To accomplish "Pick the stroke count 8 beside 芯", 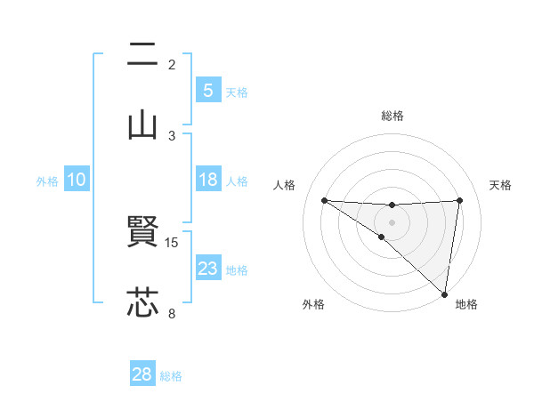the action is click(172, 312).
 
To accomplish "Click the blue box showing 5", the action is click(207, 91).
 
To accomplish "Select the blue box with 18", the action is click(207, 180).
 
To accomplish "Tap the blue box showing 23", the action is click(207, 269).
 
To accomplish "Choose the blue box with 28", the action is click(142, 374).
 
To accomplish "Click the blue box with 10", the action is click(77, 180).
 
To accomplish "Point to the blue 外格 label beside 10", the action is click(47, 181).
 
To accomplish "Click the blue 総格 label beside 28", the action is click(171, 375).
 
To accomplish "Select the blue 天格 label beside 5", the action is click(236, 92).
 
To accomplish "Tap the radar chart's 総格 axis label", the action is click(392, 116).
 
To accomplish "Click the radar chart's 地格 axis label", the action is click(466, 304).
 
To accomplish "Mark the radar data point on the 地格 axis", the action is click(444, 293).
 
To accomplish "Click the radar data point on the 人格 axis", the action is click(324, 200).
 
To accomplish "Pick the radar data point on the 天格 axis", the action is click(459, 200).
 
